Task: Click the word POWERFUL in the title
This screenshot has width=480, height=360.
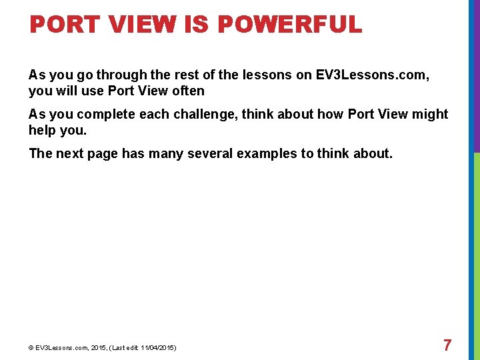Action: [289, 25]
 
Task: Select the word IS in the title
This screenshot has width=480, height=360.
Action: [196, 25]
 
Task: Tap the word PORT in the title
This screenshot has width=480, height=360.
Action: [61, 25]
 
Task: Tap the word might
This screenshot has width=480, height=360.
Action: [431, 114]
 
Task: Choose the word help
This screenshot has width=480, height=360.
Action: [43, 130]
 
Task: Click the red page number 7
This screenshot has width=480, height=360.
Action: [447, 345]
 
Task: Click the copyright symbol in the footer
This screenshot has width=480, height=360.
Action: [31, 348]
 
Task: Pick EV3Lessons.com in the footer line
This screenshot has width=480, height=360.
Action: [58, 348]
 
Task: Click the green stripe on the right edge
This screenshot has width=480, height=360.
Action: [476, 253]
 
